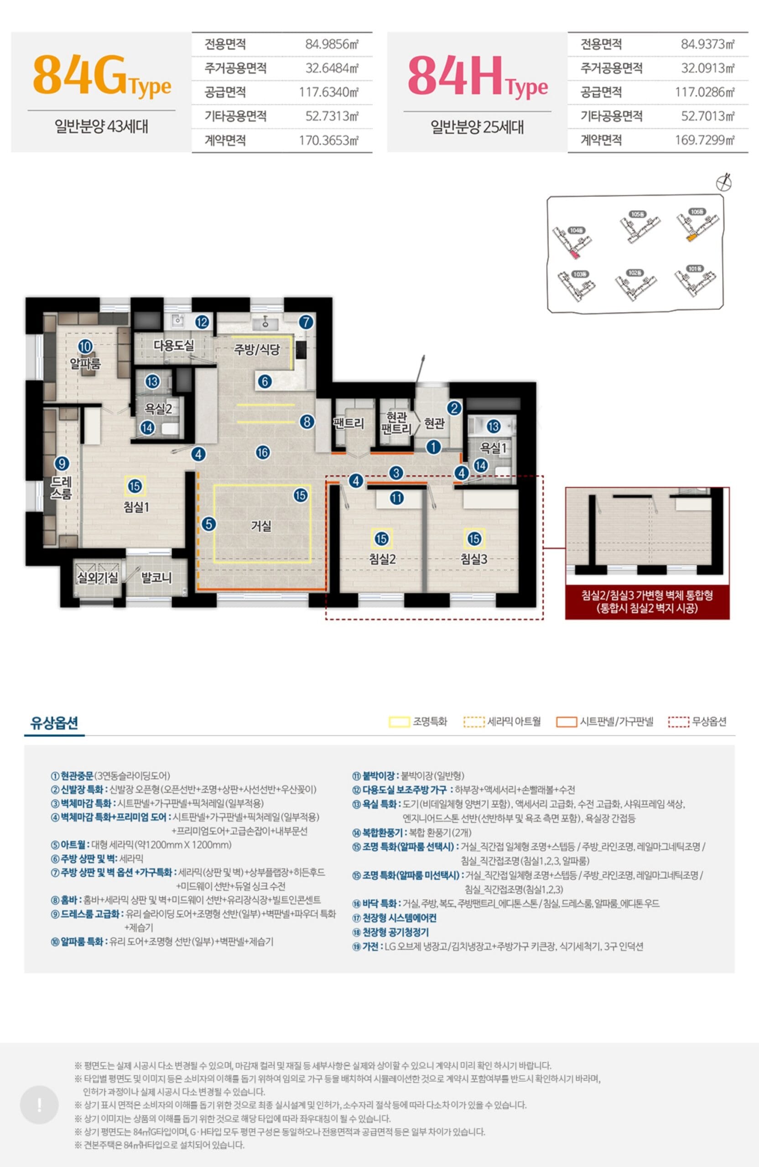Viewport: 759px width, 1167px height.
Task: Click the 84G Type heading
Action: pos(102,77)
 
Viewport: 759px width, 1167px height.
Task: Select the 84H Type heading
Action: pos(478,77)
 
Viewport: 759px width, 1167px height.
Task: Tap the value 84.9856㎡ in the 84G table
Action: pos(332,45)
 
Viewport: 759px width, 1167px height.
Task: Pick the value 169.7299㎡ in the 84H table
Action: pos(705,140)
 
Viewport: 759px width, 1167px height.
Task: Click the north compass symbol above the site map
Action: pos(724,182)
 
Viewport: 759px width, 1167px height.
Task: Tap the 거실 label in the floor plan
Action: pos(261,526)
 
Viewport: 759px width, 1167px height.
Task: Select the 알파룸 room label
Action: pos(85,363)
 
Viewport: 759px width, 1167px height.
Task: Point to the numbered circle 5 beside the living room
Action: pos(209,524)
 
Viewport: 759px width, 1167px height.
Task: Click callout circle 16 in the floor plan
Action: pos(262,452)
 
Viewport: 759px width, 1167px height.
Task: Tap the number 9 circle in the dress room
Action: pos(62,463)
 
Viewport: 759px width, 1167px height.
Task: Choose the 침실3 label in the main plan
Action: pos(473,558)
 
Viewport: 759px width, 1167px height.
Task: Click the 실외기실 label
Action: pos(98,578)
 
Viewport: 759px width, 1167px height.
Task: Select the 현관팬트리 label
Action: pos(396,423)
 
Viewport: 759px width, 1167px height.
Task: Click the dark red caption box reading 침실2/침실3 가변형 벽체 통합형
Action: pos(647,602)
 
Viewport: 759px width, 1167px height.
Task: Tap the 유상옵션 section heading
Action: pos(54,722)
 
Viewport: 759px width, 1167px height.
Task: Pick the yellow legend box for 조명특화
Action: pos(399,722)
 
